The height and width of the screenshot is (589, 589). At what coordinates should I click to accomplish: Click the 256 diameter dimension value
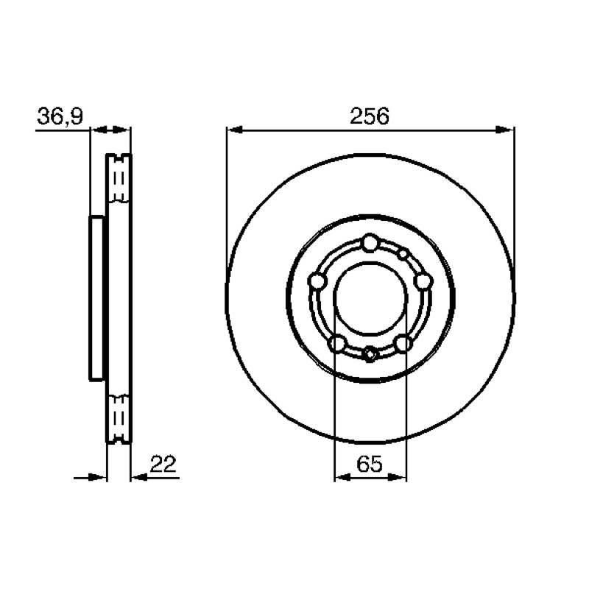coord(370,116)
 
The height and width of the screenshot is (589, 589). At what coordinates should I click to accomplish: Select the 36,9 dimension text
coord(60,116)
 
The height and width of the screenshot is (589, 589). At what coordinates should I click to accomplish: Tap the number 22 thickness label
coord(163,464)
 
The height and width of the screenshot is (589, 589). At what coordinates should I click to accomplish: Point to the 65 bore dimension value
coord(370,464)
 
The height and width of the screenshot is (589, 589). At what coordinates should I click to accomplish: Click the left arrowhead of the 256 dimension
coord(235,130)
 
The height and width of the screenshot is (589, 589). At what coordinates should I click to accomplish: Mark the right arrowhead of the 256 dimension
coord(505,130)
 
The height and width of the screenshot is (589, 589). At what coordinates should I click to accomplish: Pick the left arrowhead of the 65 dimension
coord(342,477)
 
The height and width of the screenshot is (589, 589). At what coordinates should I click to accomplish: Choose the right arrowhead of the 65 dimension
coord(398,477)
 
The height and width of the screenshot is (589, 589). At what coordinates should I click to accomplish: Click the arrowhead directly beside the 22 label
coord(139,477)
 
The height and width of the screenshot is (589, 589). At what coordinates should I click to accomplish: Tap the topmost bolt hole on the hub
coord(370,243)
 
